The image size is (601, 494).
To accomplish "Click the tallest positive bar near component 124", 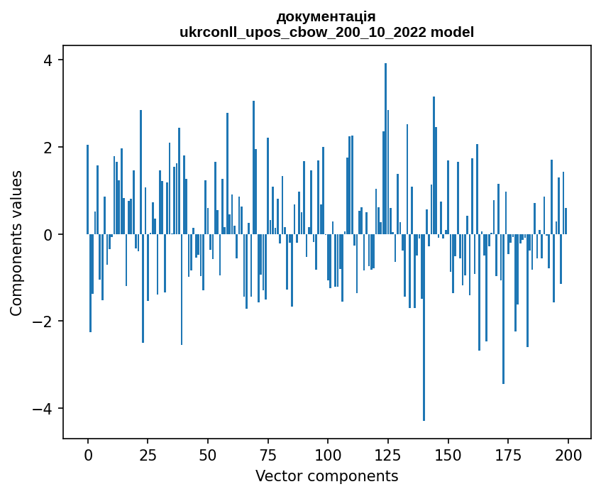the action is click(385, 148).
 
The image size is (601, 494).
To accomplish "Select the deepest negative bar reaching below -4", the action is click(424, 327).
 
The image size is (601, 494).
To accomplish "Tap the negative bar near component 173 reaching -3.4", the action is click(503, 309).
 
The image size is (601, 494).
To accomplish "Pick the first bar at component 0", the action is click(88, 190).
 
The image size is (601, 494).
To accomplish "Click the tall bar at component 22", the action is click(140, 172).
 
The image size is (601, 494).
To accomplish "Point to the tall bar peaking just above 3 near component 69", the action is click(253, 168).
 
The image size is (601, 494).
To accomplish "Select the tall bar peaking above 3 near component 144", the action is click(434, 165).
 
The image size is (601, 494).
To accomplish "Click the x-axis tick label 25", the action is click(148, 456).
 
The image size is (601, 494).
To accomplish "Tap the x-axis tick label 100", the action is click(328, 456).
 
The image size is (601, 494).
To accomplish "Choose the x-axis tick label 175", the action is click(508, 456).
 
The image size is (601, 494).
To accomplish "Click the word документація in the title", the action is click(326, 17).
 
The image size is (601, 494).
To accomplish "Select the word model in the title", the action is click(452, 32).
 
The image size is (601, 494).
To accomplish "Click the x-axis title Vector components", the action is click(327, 476).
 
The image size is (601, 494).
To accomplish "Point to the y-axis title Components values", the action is click(16, 243).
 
